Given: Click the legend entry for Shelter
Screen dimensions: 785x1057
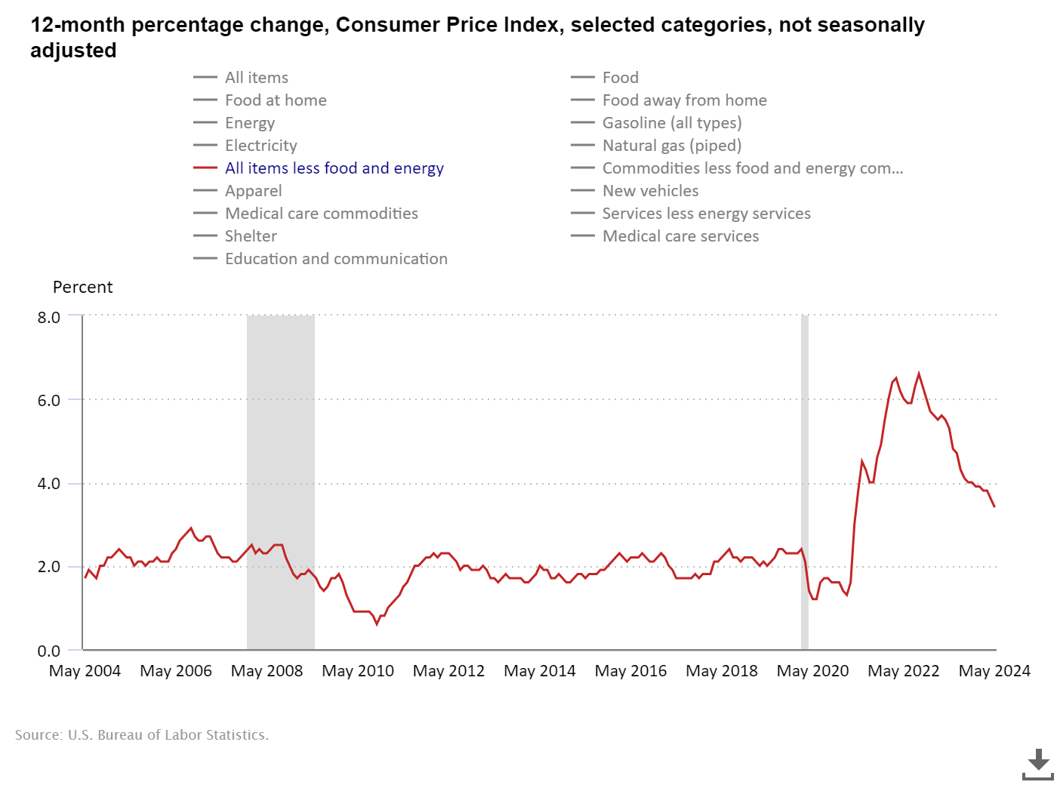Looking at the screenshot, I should pyautogui.click(x=251, y=236).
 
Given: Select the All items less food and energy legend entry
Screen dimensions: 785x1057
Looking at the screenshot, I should pyautogui.click(x=334, y=168).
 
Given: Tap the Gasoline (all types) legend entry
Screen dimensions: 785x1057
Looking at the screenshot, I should pyautogui.click(x=671, y=123).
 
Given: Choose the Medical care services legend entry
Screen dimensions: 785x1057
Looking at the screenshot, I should pyautogui.click(x=680, y=236).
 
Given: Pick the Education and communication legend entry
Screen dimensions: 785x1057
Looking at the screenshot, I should pyautogui.click(x=336, y=259).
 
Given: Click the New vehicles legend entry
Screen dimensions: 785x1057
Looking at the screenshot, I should pyautogui.click(x=650, y=191).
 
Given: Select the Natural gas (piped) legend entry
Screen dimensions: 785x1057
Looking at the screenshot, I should pyautogui.click(x=671, y=146).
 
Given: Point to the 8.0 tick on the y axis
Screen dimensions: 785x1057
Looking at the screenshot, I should pyautogui.click(x=49, y=318).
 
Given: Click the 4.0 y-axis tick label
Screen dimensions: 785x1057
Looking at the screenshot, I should pyautogui.click(x=49, y=484).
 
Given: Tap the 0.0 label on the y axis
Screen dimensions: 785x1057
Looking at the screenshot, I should pyautogui.click(x=49, y=651).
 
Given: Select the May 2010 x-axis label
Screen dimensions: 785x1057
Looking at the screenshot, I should pyautogui.click(x=358, y=671).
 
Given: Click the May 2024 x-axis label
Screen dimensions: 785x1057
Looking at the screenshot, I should pyautogui.click(x=994, y=671).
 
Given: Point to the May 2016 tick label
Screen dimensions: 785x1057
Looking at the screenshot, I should pyautogui.click(x=630, y=671).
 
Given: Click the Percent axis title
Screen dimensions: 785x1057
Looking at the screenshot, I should pyautogui.click(x=82, y=288).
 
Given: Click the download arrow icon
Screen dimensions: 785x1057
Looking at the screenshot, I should pyautogui.click(x=1038, y=764).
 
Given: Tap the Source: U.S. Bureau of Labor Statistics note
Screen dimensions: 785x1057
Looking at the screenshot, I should pyautogui.click(x=142, y=735).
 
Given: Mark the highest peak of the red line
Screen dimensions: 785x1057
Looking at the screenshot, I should pyautogui.click(x=919, y=373).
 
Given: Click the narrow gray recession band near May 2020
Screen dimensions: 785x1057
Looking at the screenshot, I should pyautogui.click(x=805, y=483).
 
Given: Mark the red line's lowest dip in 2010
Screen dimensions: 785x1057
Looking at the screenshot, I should pyautogui.click(x=377, y=623).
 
